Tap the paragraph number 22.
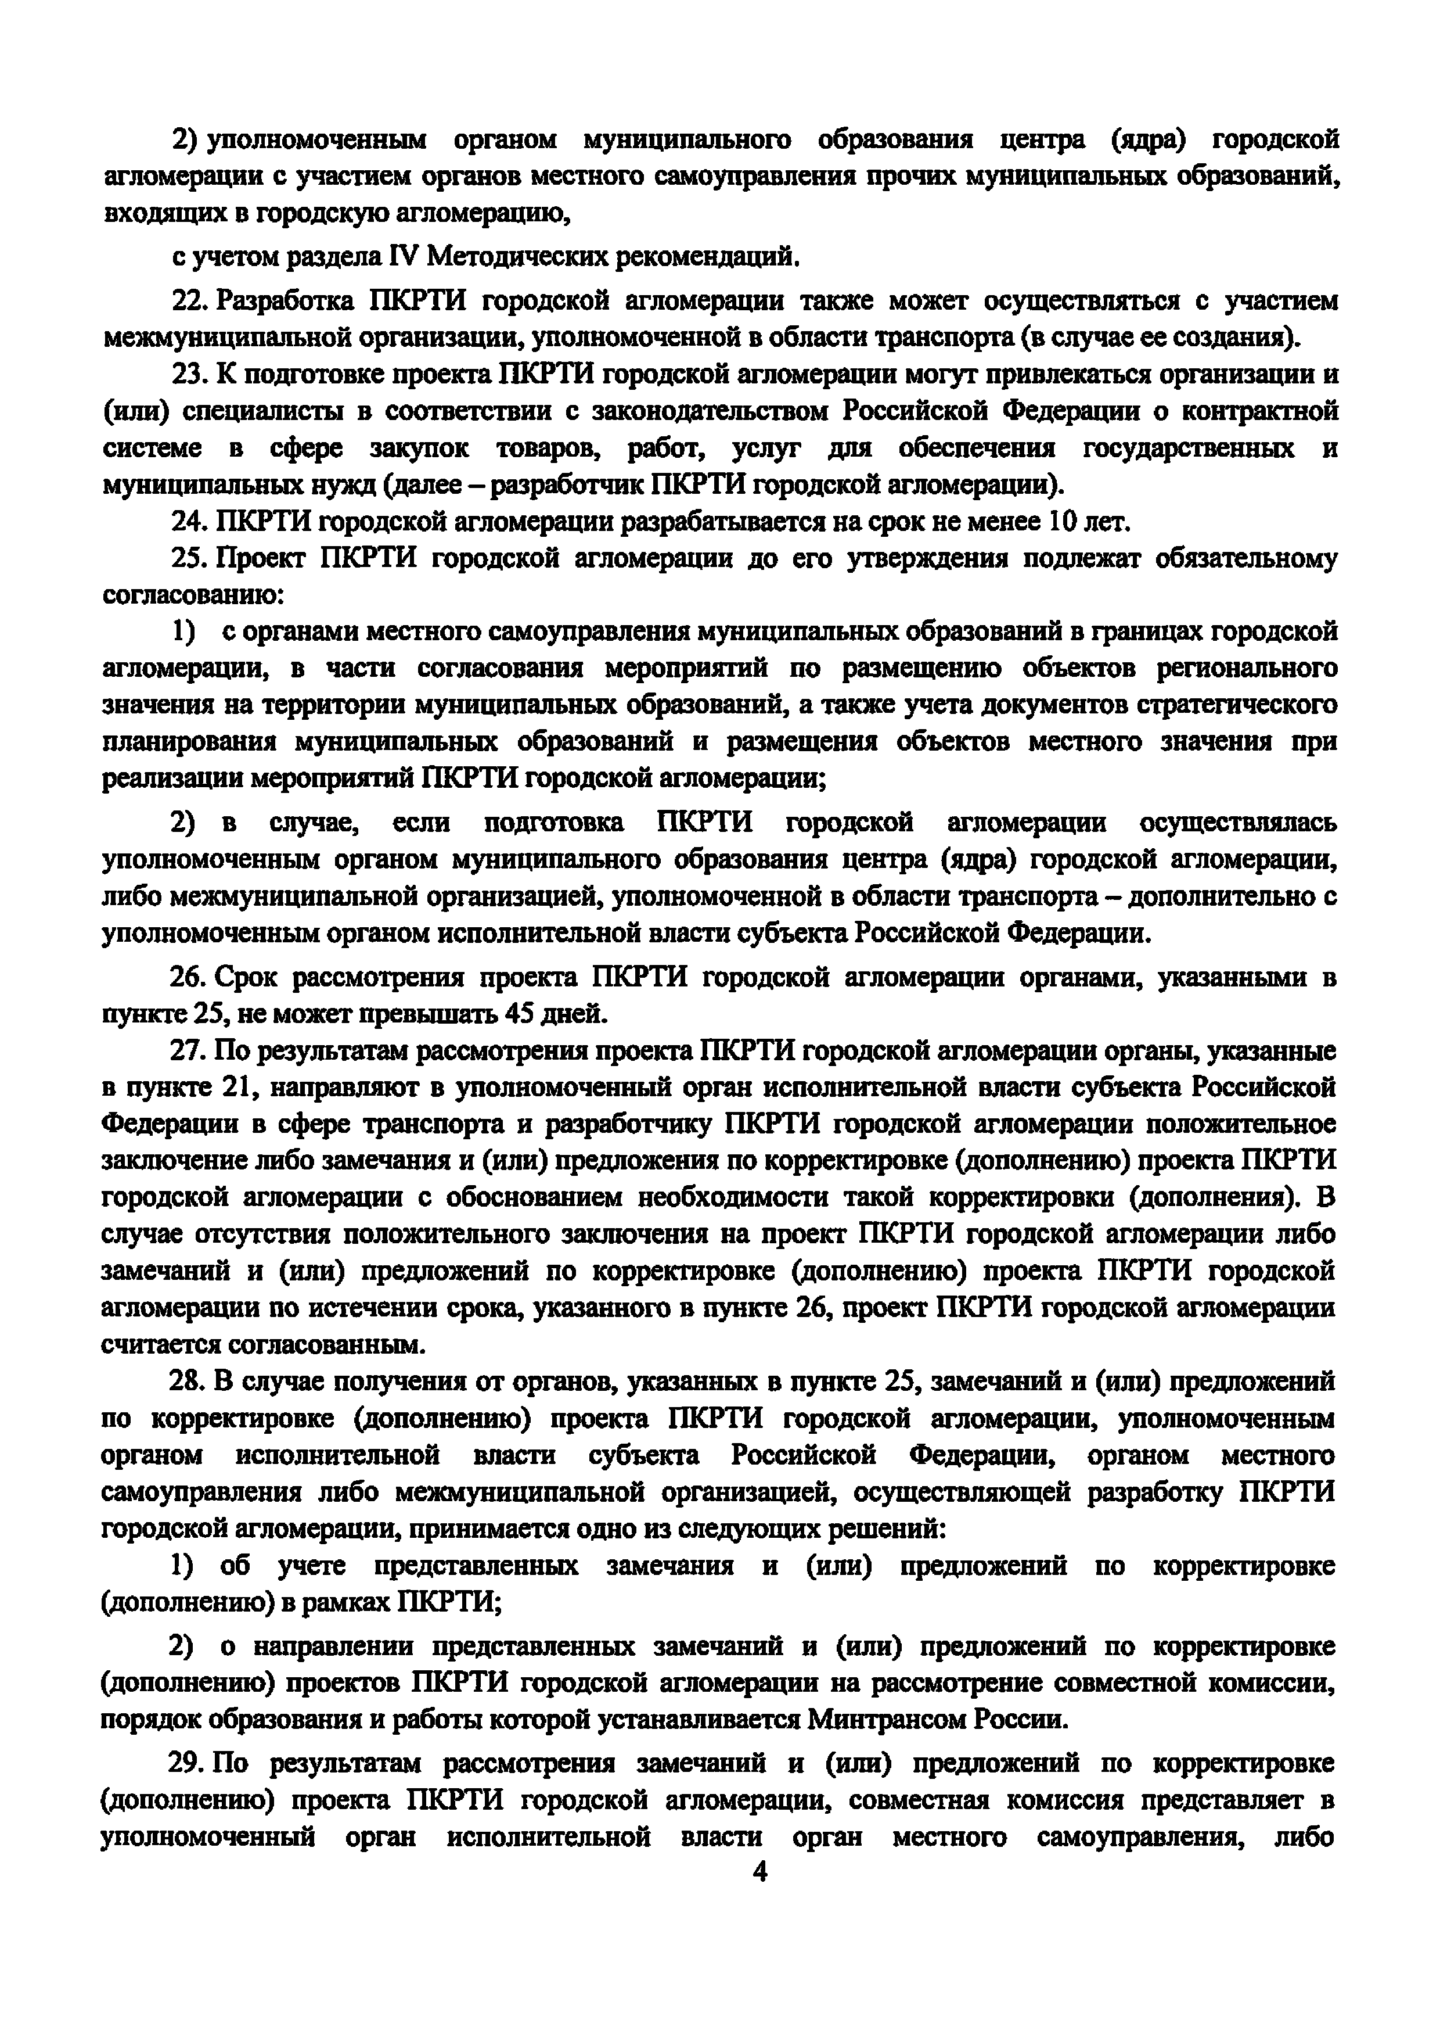(189, 301)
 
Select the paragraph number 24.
(189, 521)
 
